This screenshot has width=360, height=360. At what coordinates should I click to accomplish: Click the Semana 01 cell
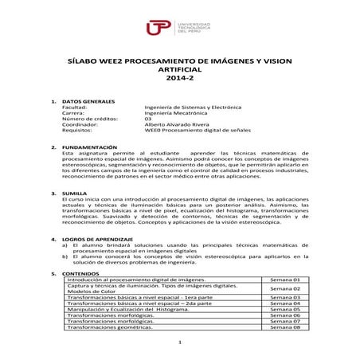click(x=284, y=280)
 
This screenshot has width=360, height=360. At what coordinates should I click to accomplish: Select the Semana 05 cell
click(x=284, y=309)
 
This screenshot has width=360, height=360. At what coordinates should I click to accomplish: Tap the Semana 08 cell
click(x=284, y=327)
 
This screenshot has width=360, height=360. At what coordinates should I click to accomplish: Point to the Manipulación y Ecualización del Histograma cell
click(x=123, y=309)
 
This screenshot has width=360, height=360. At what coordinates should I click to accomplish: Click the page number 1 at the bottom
click(x=180, y=342)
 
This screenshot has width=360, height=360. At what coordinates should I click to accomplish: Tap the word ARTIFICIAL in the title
click(x=180, y=70)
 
